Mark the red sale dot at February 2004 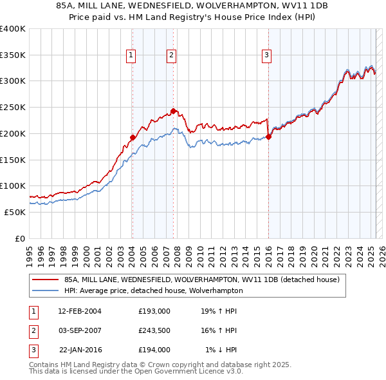[x=133, y=137]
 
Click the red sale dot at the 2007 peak [x=174, y=111]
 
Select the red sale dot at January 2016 [x=269, y=137]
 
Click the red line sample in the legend [x=45, y=280]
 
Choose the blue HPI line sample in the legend [x=45, y=290]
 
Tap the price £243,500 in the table [x=154, y=330]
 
